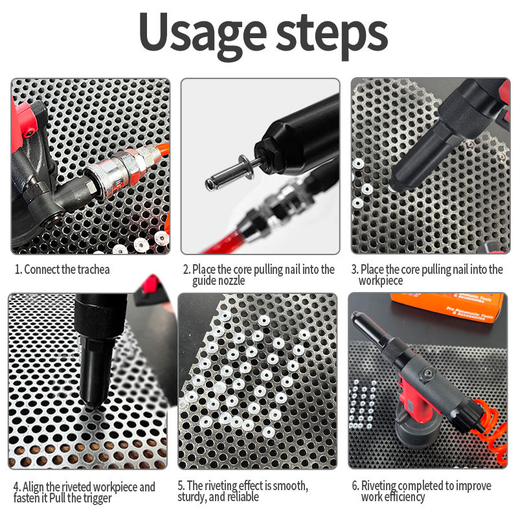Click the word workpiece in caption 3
pos(381,281)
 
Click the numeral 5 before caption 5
pos(181,486)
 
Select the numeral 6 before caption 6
pos(355,486)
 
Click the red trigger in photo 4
pos(150,284)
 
